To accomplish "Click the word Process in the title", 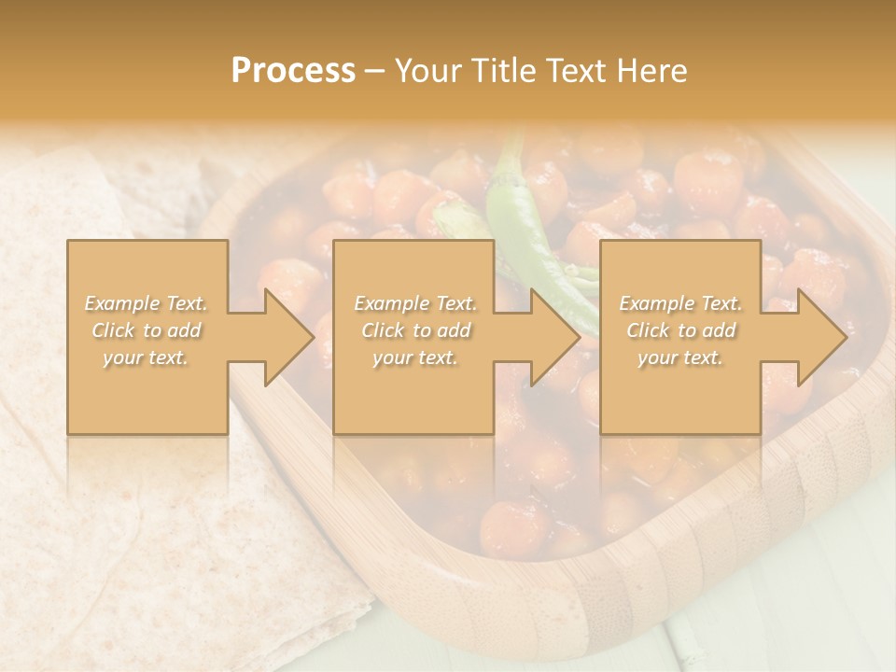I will point(293,71).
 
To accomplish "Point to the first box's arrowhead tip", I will point(314,337).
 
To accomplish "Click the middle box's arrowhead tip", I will point(580,337).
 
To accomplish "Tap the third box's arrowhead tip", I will point(846,337).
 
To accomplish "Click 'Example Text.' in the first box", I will point(147,303).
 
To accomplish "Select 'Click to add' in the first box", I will point(147,330).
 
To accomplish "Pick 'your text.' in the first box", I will point(147,357).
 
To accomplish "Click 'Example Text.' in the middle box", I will point(415,303).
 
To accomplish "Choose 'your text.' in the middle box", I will point(415,357).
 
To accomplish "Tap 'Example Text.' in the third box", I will point(680,303).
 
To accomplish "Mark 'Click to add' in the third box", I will point(680,330).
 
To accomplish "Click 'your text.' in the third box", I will point(680,357).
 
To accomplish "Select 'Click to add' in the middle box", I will point(415,330).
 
